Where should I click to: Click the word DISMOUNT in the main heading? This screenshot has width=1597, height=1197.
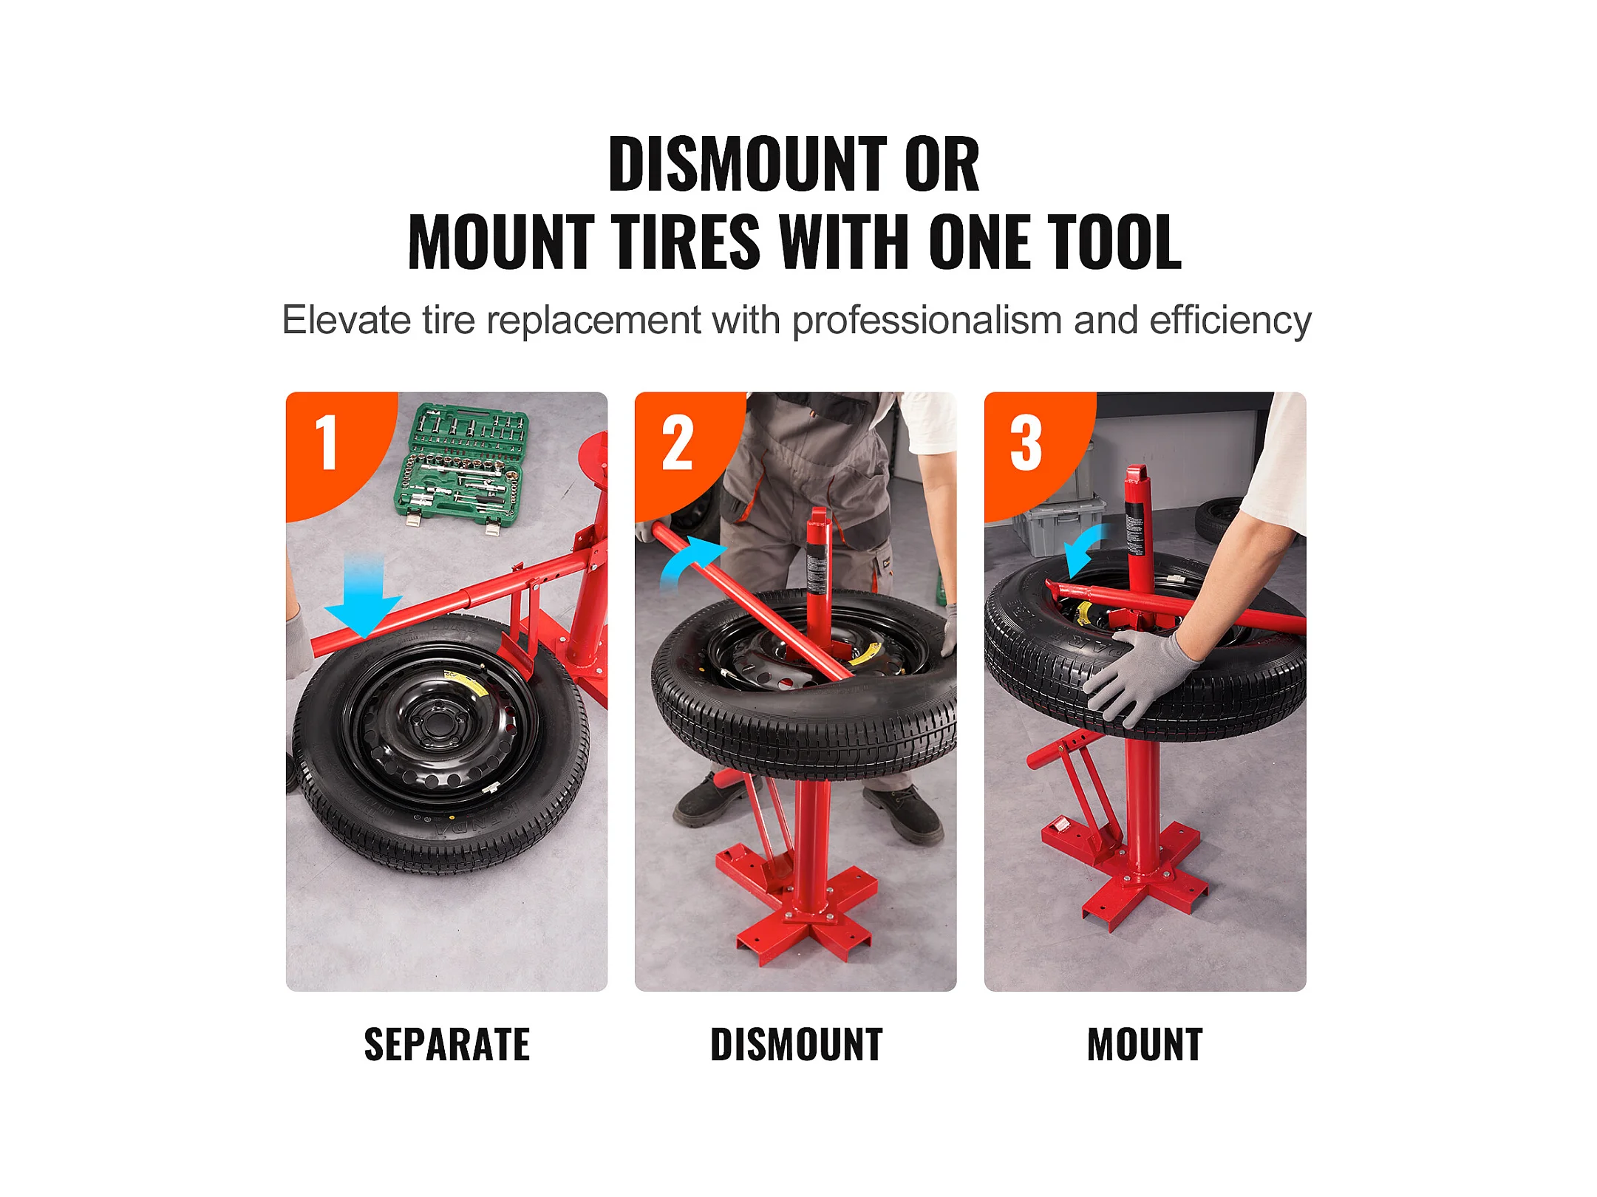point(747,164)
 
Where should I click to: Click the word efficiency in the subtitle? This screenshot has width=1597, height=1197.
point(1230,321)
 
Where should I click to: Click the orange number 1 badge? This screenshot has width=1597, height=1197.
point(336,451)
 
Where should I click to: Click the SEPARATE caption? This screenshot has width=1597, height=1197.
point(447,1045)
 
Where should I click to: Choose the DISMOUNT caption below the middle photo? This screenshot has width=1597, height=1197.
point(797,1045)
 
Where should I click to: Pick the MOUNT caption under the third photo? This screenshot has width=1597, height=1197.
point(1145,1045)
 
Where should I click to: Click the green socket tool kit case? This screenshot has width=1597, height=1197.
point(462,467)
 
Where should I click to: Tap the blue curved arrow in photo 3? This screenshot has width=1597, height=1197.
point(1080,549)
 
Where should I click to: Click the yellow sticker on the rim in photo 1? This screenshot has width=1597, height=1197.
point(466,683)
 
